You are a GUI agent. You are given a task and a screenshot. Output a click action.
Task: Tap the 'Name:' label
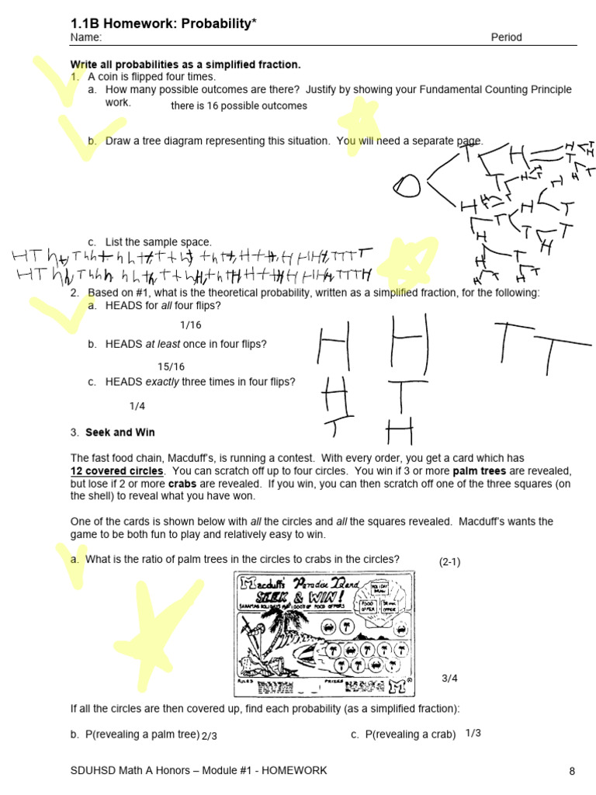click(85, 37)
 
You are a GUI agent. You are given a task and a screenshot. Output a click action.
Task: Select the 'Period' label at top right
click(506, 37)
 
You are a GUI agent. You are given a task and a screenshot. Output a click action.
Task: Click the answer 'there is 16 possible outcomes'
click(239, 106)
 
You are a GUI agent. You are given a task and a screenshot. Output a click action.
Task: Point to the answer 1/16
click(190, 325)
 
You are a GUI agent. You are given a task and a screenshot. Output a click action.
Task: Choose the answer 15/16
click(172, 366)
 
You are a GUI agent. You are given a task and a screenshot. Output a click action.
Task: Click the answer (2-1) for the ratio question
click(450, 561)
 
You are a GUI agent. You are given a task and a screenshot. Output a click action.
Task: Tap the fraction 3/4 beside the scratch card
click(450, 678)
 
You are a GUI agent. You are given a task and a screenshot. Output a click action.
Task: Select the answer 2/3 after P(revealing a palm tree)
click(209, 735)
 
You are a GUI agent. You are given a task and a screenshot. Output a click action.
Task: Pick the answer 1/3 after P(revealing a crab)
click(473, 733)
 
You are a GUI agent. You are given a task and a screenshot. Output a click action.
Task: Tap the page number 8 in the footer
click(572, 771)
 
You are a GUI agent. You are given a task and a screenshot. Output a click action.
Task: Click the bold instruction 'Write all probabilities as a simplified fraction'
click(185, 64)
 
